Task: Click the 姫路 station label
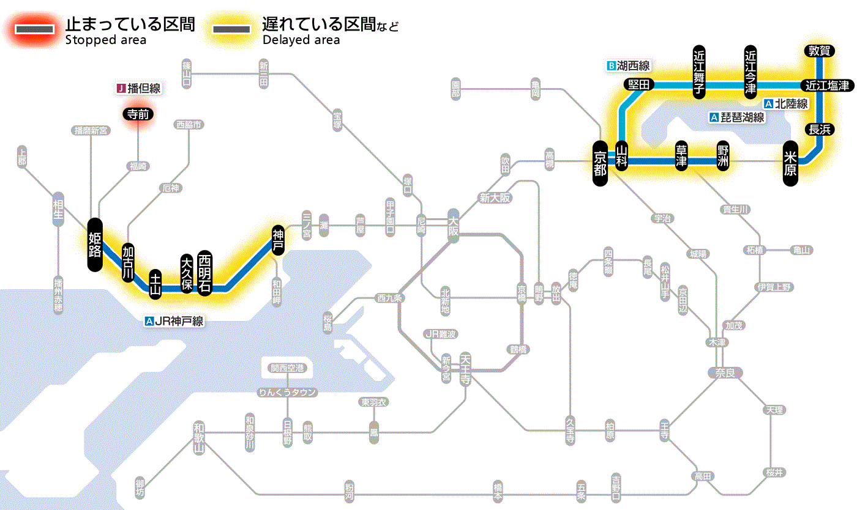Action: [x=95, y=244]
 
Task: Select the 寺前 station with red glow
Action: [x=138, y=113]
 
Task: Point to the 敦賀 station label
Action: [x=819, y=51]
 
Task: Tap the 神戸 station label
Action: [x=278, y=239]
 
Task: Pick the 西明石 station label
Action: [x=204, y=273]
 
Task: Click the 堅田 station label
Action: [x=639, y=85]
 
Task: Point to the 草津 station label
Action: [x=681, y=156]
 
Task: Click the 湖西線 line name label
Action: [x=628, y=65]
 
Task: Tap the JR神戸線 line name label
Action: [x=174, y=320]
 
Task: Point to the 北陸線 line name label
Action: [x=786, y=104]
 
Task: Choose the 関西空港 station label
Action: [x=287, y=368]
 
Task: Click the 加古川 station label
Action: [x=128, y=263]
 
